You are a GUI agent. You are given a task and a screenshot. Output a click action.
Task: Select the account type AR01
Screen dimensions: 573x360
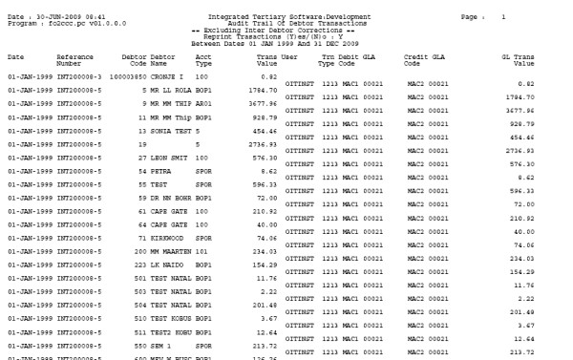coord(202,102)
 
